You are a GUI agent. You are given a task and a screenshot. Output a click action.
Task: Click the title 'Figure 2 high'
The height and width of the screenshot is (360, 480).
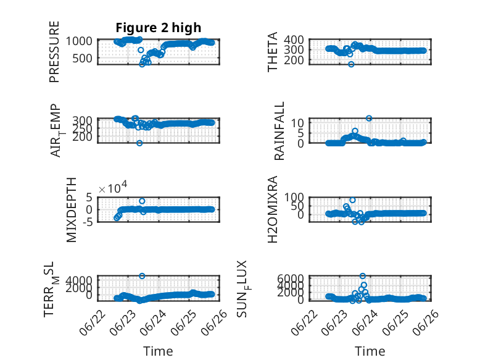pos(159,28)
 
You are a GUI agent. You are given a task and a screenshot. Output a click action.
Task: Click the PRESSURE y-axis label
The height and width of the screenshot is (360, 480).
pos(54,51)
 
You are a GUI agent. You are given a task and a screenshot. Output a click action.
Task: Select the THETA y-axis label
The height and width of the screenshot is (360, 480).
pos(272,52)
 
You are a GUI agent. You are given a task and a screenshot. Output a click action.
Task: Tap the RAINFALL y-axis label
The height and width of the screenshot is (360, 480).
pos(279,131)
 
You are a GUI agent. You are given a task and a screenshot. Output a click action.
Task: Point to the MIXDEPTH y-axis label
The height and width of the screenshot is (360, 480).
pos(71,210)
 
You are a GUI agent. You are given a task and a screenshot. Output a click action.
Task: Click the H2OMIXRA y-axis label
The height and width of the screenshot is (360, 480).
pos(272,209)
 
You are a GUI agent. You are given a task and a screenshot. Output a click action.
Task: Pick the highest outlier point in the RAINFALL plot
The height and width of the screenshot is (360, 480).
pos(369,119)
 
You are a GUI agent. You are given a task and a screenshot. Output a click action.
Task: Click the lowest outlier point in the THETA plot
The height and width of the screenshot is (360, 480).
pos(351,64)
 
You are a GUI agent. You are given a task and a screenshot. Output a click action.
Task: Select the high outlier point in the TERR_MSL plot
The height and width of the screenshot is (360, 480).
pos(142,276)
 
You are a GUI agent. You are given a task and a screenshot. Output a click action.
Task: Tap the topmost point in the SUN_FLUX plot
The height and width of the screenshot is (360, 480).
pos(363,276)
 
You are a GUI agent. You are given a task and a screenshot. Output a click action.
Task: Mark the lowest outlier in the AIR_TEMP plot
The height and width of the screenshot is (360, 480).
pos(139,143)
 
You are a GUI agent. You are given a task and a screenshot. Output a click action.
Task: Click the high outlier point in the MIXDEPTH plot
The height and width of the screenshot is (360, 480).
pos(142,201)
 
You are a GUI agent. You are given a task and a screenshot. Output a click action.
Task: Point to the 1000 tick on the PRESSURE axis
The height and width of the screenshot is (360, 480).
pos(79,41)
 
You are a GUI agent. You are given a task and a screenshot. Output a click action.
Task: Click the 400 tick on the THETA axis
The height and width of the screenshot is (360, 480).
pos(294,40)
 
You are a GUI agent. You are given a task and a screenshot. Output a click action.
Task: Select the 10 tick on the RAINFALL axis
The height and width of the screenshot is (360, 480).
pos(297,123)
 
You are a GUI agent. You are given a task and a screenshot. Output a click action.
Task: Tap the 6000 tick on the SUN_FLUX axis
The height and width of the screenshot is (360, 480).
pos(291,278)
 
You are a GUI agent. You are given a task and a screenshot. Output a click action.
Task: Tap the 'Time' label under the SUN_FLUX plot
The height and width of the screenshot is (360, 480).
pos(370,351)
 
